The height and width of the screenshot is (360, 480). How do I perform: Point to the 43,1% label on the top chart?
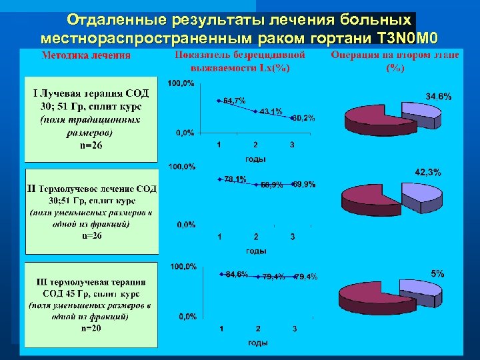pyautogui.click(x=271, y=111)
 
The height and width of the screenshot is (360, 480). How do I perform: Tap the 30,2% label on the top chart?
pyautogui.click(x=304, y=118)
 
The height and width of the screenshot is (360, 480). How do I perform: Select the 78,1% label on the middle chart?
pyautogui.click(x=235, y=179)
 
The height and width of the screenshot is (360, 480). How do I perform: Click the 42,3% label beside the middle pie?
pyautogui.click(x=428, y=173)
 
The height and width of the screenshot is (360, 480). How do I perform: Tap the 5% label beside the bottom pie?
pyautogui.click(x=437, y=273)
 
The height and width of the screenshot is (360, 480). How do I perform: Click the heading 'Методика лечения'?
pyautogui.click(x=86, y=55)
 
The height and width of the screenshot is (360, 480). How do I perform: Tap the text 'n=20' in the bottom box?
pyautogui.click(x=91, y=328)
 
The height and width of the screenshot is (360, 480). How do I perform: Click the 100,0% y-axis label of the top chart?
pyautogui.click(x=181, y=84)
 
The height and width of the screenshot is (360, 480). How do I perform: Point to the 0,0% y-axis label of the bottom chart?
pyautogui.click(x=186, y=316)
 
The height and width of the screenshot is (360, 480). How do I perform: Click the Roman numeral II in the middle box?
pyautogui.click(x=31, y=189)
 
